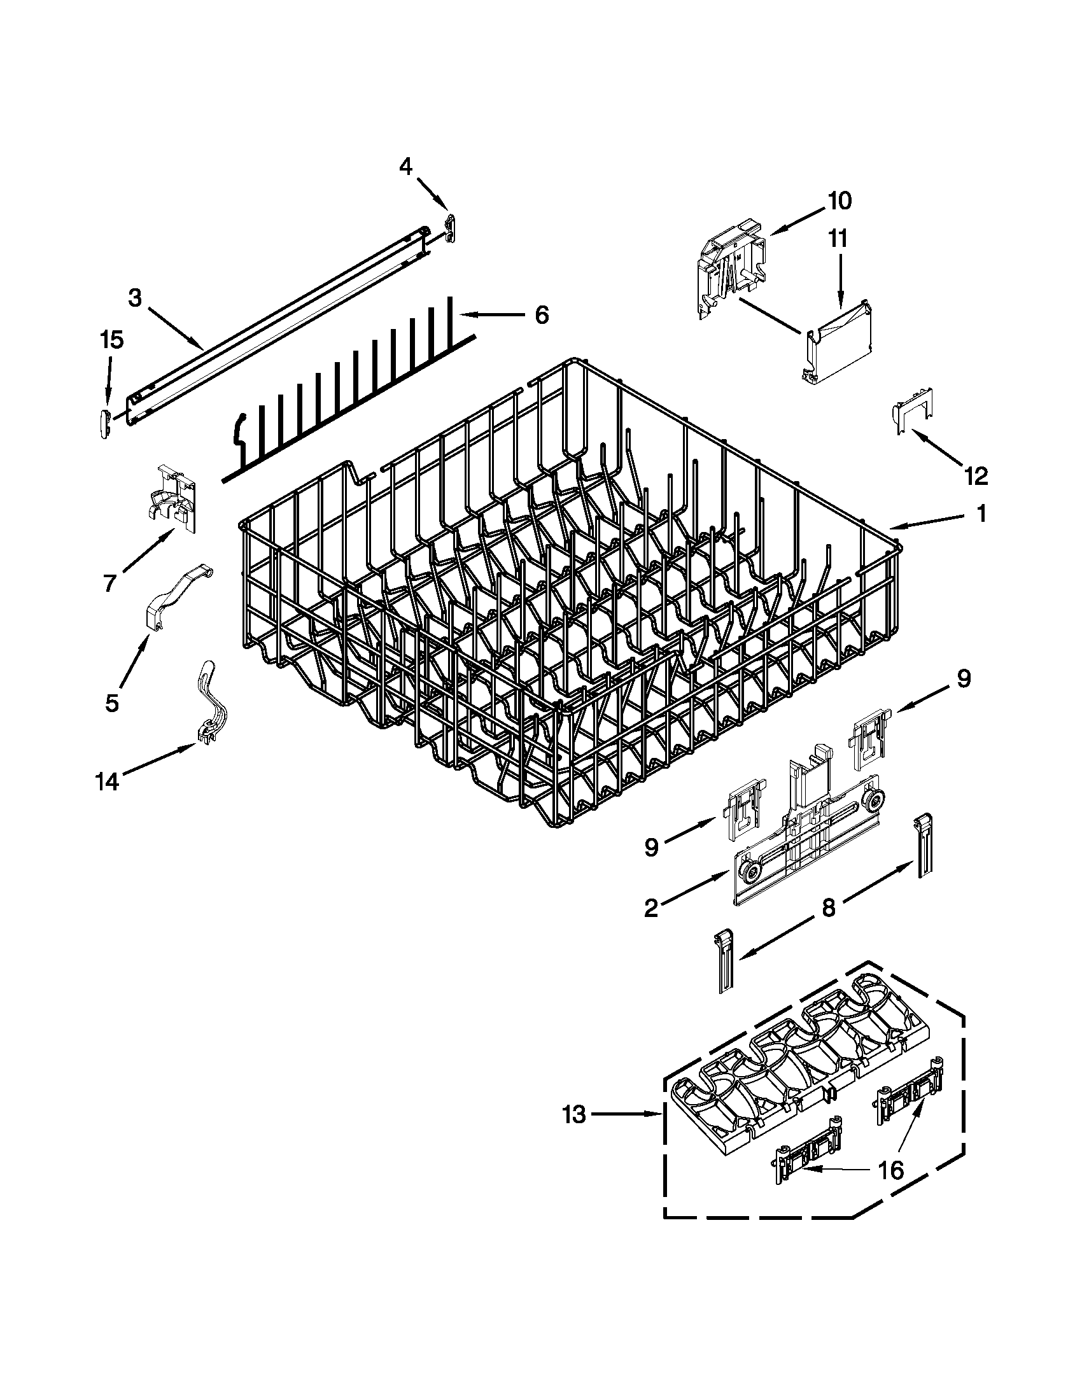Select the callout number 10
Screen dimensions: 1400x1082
tap(839, 200)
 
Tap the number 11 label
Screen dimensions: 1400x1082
tap(837, 239)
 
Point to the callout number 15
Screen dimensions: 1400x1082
tap(111, 340)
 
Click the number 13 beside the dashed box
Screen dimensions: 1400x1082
tap(574, 1116)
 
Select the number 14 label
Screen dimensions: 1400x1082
tap(107, 782)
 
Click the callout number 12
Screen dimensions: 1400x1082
tap(976, 475)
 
